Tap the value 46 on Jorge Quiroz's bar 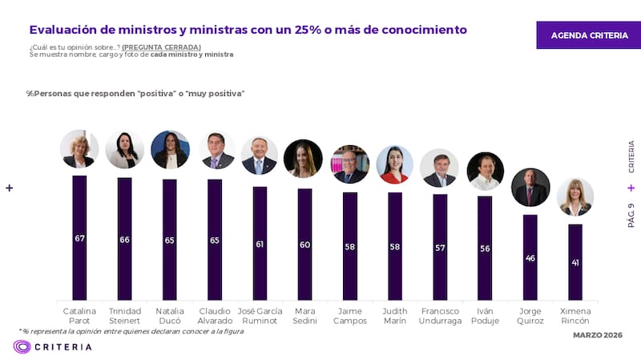(x=530, y=259)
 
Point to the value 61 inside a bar (x=260, y=244)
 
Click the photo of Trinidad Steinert (x=124, y=150)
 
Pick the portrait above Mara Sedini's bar (x=304, y=159)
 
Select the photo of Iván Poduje (x=485, y=171)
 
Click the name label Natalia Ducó (x=170, y=315)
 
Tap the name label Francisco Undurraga (x=440, y=315)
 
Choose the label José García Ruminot (x=260, y=315)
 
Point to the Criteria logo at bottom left (x=52, y=346)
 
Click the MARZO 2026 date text (x=597, y=334)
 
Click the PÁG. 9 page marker (x=631, y=215)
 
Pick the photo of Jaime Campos (x=350, y=164)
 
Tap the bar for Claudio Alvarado (x=215, y=240)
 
